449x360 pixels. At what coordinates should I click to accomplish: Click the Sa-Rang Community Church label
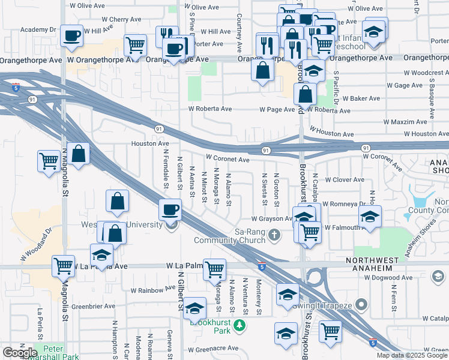(229, 236)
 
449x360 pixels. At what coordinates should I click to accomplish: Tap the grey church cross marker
(275, 235)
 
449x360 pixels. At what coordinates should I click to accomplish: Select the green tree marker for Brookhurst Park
(240, 326)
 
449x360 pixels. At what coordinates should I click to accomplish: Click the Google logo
(20, 353)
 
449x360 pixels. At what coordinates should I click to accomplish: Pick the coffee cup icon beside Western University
(170, 210)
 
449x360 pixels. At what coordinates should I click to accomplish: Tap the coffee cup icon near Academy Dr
(71, 35)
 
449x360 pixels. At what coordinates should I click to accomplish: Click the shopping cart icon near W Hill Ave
(136, 44)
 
